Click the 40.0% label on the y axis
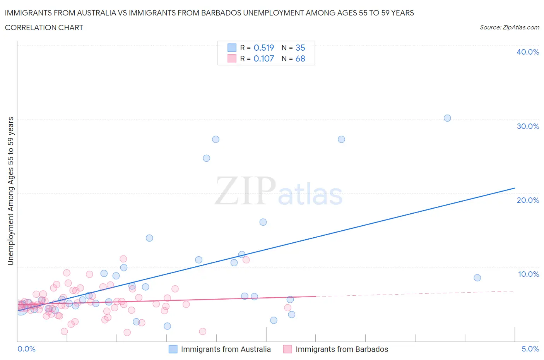pyautogui.click(x=528, y=52)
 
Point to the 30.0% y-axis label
pyautogui.click(x=528, y=126)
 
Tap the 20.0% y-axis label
pyautogui.click(x=528, y=200)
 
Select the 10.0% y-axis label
pyautogui.click(x=528, y=274)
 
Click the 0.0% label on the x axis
pyautogui.click(x=26, y=349)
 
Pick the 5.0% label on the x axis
pyautogui.click(x=530, y=349)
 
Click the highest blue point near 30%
pyautogui.click(x=447, y=118)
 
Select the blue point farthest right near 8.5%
pyautogui.click(x=477, y=278)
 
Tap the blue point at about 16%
pyautogui.click(x=263, y=222)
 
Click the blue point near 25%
pyautogui.click(x=207, y=158)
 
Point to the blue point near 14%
pyautogui.click(x=149, y=238)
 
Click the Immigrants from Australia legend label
pyautogui.click(x=226, y=349)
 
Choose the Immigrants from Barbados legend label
pyautogui.click(x=342, y=349)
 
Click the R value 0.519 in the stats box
pyautogui.click(x=263, y=48)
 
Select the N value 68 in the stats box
pyautogui.click(x=300, y=58)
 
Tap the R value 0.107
pyautogui.click(x=263, y=58)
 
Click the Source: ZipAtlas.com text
pyautogui.click(x=509, y=27)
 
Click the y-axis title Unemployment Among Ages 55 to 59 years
pyautogui.click(x=10, y=191)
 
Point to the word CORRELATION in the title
pyautogui.click(x=26, y=27)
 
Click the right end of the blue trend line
pyautogui.click(x=515, y=188)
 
